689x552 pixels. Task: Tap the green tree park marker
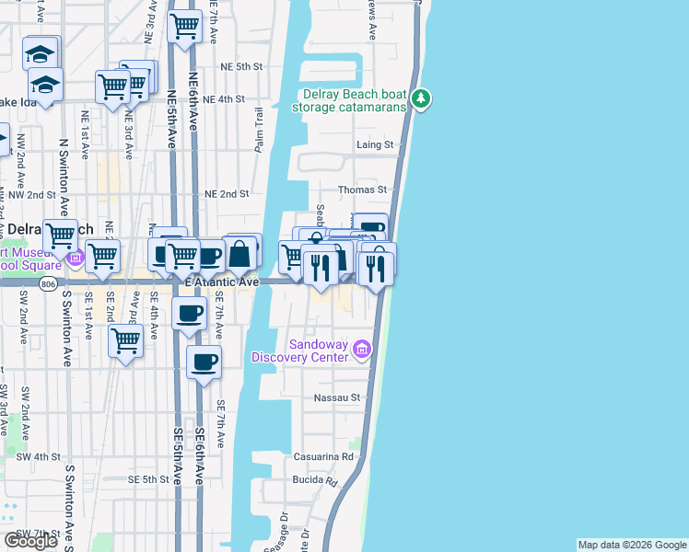421,98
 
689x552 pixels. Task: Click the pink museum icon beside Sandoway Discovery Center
363,350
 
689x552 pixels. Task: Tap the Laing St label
375,144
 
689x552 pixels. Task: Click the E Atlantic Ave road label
222,282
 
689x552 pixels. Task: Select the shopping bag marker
239,253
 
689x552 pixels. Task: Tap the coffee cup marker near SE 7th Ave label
204,361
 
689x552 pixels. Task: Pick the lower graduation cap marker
44,85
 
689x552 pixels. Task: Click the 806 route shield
47,285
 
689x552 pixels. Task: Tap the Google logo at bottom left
30,541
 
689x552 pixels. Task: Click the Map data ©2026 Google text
632,545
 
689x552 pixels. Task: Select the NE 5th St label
241,67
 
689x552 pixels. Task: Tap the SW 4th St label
38,456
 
